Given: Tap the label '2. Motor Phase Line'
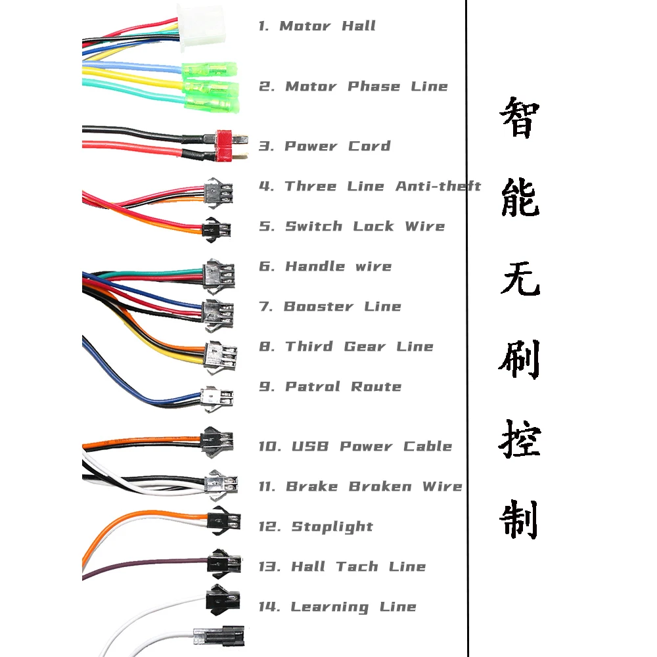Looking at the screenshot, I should coord(353,87).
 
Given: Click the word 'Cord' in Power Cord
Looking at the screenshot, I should coord(369,146).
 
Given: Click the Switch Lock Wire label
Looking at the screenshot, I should coord(353,227).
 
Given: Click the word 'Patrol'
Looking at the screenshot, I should coord(310,387).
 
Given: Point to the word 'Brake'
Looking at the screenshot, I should coord(311,487).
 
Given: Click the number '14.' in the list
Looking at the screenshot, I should coord(269,607).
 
